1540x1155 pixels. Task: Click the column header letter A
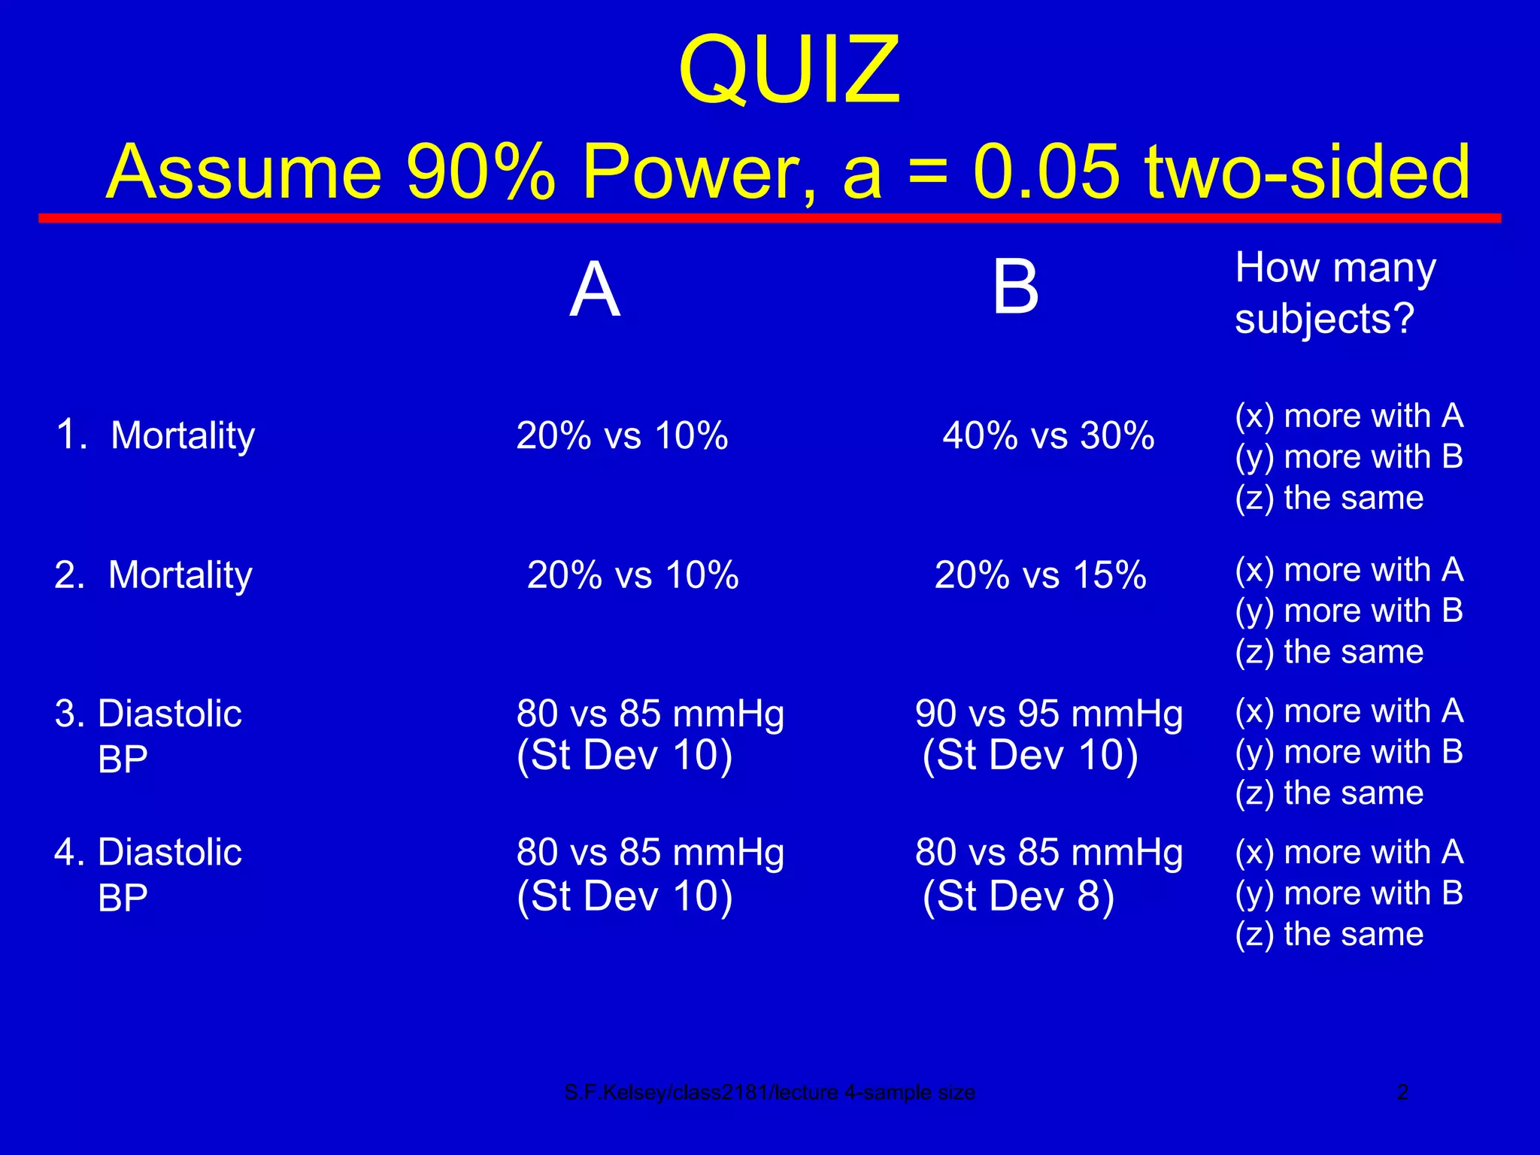pyautogui.click(x=595, y=290)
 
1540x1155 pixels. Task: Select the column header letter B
pyautogui.click(x=1015, y=287)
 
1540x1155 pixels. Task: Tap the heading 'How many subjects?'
pyautogui.click(x=1335, y=293)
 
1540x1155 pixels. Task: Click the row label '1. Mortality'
pyautogui.click(x=156, y=435)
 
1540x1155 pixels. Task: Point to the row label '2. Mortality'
pyautogui.click(x=153, y=575)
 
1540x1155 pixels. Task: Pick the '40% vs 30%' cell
pyautogui.click(x=1048, y=435)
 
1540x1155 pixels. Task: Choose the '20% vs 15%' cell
pyautogui.click(x=1040, y=575)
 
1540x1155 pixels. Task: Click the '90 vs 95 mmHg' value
pyautogui.click(x=1048, y=714)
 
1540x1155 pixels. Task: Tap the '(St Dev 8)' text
pyautogui.click(x=1018, y=896)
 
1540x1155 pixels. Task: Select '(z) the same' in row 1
pyautogui.click(x=1329, y=498)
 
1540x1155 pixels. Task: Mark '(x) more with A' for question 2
pyautogui.click(x=1349, y=570)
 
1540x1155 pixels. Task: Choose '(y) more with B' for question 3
pyautogui.click(x=1349, y=752)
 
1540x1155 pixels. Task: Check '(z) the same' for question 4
pyautogui.click(x=1329, y=935)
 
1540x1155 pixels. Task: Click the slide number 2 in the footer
pyautogui.click(x=1402, y=1092)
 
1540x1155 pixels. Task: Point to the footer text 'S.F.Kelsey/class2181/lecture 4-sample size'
pyautogui.click(x=769, y=1093)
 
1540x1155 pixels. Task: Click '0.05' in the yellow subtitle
pyautogui.click(x=1046, y=171)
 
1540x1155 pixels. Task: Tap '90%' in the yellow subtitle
pyautogui.click(x=481, y=171)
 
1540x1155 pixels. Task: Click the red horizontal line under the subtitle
pyautogui.click(x=769, y=218)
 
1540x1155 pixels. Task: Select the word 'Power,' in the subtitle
pyautogui.click(x=699, y=171)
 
